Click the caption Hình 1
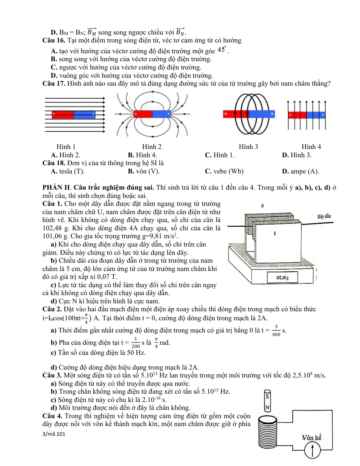(x=66, y=147)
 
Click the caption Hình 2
(x=152, y=147)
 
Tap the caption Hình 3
(x=248, y=147)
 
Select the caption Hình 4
(x=311, y=147)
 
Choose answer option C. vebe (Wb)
(x=224, y=171)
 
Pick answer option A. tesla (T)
(x=68, y=171)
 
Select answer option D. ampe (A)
(x=300, y=171)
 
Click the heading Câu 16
(x=54, y=40)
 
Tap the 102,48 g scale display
(x=282, y=277)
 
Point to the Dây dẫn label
(x=324, y=216)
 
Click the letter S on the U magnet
(x=275, y=233)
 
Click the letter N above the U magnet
(x=262, y=206)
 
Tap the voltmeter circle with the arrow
(x=312, y=450)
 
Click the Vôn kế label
(x=311, y=438)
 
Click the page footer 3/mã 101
(x=54, y=434)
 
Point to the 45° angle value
(x=222, y=50)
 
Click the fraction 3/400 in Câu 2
(x=276, y=330)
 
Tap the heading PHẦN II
(x=57, y=187)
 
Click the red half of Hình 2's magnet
(x=143, y=114)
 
